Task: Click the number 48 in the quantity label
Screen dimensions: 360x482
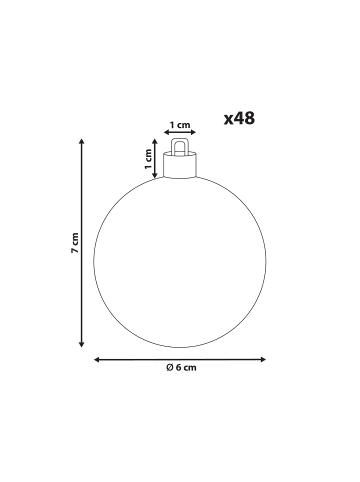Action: click(x=244, y=118)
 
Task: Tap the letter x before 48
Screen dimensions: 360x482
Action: click(x=229, y=120)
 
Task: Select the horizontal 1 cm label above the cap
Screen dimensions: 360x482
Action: click(x=180, y=125)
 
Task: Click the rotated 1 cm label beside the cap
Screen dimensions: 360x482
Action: click(x=149, y=159)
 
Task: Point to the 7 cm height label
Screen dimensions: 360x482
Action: click(x=75, y=243)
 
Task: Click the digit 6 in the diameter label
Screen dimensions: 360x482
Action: click(x=178, y=368)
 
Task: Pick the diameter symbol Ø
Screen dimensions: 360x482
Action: click(x=170, y=368)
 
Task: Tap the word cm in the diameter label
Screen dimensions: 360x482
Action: click(x=190, y=368)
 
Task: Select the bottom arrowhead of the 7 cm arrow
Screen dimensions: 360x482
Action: click(x=81, y=344)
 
